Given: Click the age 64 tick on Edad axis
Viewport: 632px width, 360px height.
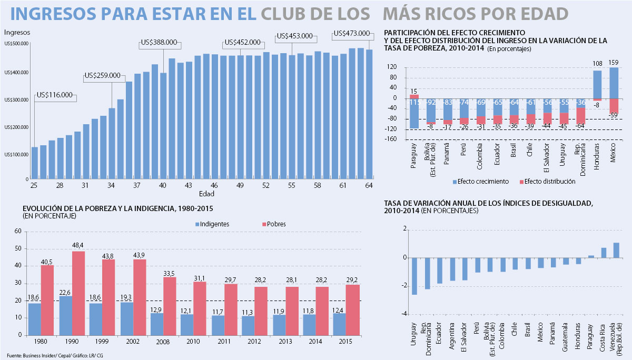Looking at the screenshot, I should point(369,186).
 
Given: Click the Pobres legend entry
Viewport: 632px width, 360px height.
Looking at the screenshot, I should point(273,224).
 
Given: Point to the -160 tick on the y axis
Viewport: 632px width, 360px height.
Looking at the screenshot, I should point(390,139).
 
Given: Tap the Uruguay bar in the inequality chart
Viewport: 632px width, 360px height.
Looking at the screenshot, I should point(414,276).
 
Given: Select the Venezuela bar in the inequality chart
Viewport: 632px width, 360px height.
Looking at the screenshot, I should point(616,250).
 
